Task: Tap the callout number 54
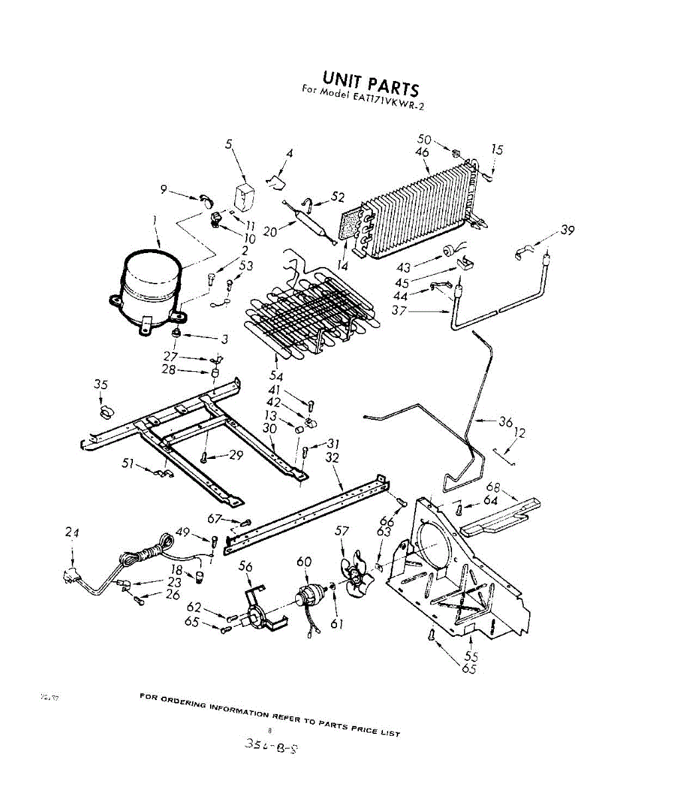click(276, 377)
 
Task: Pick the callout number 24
click(72, 531)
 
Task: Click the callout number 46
click(422, 152)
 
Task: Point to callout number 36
click(506, 422)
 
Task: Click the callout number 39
click(567, 230)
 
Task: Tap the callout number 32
click(332, 458)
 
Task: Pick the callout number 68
click(512, 487)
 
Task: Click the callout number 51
click(128, 463)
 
